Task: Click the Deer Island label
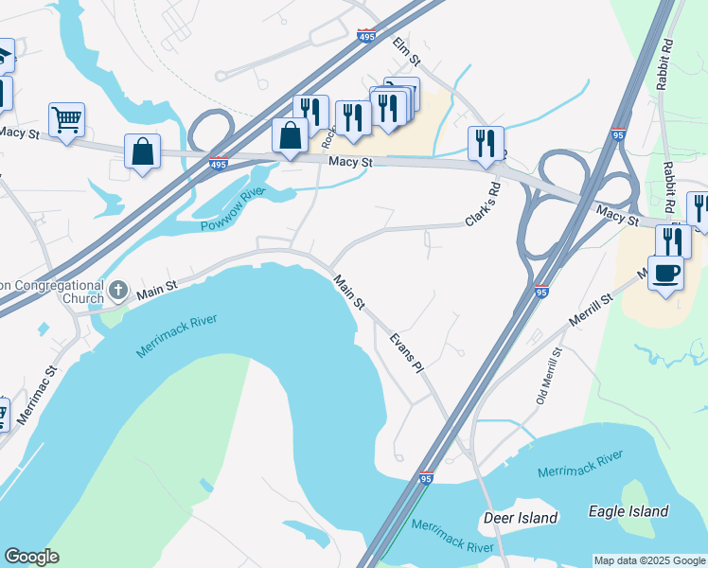pyautogui.click(x=520, y=518)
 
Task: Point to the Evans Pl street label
pyautogui.click(x=405, y=350)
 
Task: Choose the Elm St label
pyautogui.click(x=407, y=50)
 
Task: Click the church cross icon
pyautogui.click(x=118, y=288)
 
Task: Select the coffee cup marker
pyautogui.click(x=665, y=272)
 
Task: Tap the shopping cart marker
pyautogui.click(x=66, y=120)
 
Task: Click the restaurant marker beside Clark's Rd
pyautogui.click(x=485, y=143)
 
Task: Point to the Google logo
pyautogui.click(x=31, y=557)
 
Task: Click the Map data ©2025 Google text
pyautogui.click(x=649, y=560)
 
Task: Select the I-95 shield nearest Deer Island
pyautogui.click(x=426, y=479)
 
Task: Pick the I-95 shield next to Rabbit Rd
pyautogui.click(x=618, y=135)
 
